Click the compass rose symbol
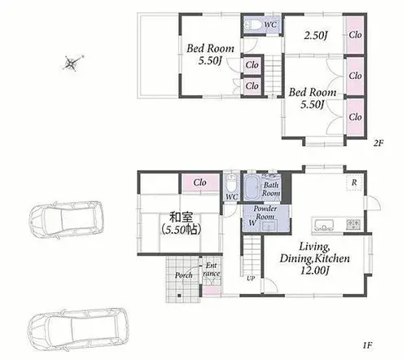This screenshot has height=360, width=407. tap(72, 64)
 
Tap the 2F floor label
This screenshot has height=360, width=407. tap(379, 143)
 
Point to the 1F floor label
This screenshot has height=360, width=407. tap(368, 345)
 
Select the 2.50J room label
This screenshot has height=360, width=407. tap(315, 35)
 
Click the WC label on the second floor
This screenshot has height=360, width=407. tap(270, 24)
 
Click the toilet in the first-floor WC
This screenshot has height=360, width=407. tap(231, 182)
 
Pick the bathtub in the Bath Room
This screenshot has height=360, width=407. tap(252, 187)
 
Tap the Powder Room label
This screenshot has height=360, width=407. tap(265, 213)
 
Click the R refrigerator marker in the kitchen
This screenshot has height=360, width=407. tap(354, 182)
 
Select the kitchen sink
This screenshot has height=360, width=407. tap(326, 225)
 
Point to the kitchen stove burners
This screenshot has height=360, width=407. tap(353, 224)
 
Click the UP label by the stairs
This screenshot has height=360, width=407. tap(251, 279)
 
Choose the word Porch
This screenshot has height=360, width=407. tap(184, 275)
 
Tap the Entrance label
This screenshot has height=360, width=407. tap(212, 270)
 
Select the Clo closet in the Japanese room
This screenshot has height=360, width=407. tap(200, 182)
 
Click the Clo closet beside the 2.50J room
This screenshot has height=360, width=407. tap(355, 35)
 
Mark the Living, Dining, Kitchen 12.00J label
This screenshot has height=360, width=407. tap(315, 258)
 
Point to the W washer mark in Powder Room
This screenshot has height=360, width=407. tap(252, 223)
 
